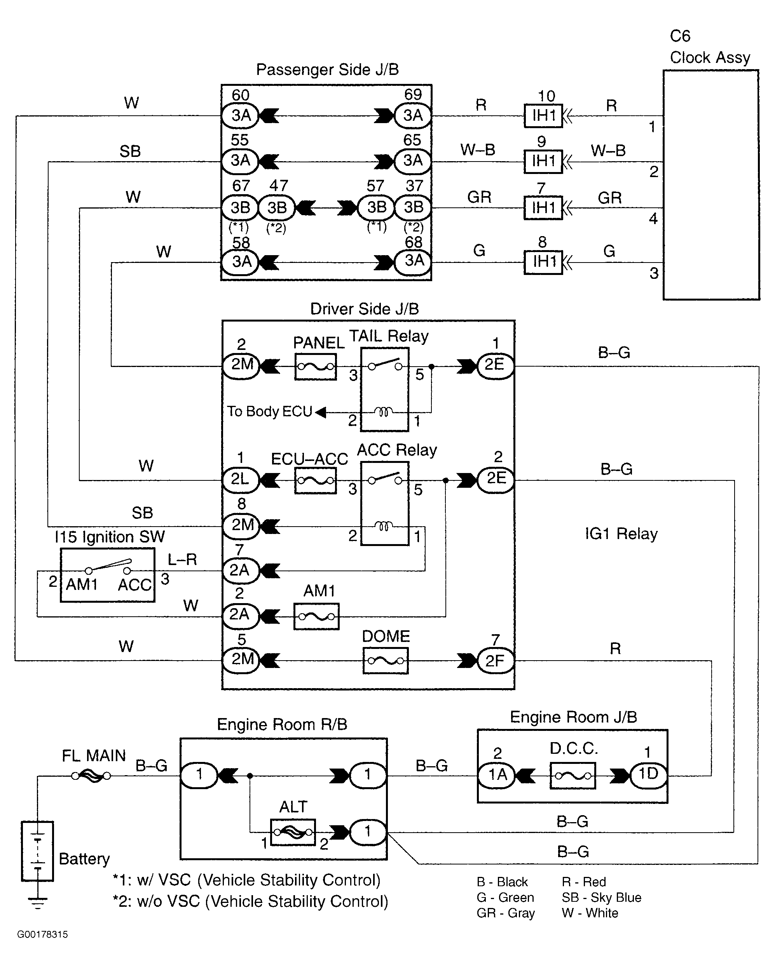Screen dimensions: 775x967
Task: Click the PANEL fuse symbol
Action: pyautogui.click(x=316, y=367)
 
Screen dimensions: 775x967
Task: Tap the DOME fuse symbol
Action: pyautogui.click(x=386, y=661)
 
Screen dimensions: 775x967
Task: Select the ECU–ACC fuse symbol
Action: pyautogui.click(x=316, y=481)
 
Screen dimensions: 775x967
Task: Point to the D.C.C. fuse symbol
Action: pyautogui.click(x=573, y=776)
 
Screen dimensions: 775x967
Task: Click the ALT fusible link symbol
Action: pyautogui.click(x=293, y=833)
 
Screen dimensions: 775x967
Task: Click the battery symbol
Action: pyautogui.click(x=38, y=851)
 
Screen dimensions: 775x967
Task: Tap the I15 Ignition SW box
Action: pyautogui.click(x=108, y=574)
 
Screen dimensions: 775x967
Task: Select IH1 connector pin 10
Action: pyautogui.click(x=543, y=116)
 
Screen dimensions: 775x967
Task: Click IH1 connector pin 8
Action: pyautogui.click(x=543, y=262)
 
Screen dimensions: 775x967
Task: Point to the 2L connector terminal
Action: pyautogui.click(x=241, y=480)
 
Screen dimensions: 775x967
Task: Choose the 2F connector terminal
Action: pyautogui.click(x=496, y=661)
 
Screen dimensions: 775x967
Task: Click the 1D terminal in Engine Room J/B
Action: pyautogui.click(x=648, y=775)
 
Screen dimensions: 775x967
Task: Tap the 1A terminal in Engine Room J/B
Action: pyautogui.click(x=497, y=775)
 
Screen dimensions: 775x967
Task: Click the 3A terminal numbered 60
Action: pyautogui.click(x=241, y=116)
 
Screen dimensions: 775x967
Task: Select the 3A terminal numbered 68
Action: pyautogui.click(x=413, y=261)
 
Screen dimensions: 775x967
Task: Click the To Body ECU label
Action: pyautogui.click(x=269, y=411)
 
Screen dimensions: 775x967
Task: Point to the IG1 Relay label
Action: pyautogui.click(x=621, y=534)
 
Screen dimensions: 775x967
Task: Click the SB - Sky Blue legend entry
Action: pyautogui.click(x=601, y=897)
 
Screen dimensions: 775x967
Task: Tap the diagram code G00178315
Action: pyautogui.click(x=43, y=934)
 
